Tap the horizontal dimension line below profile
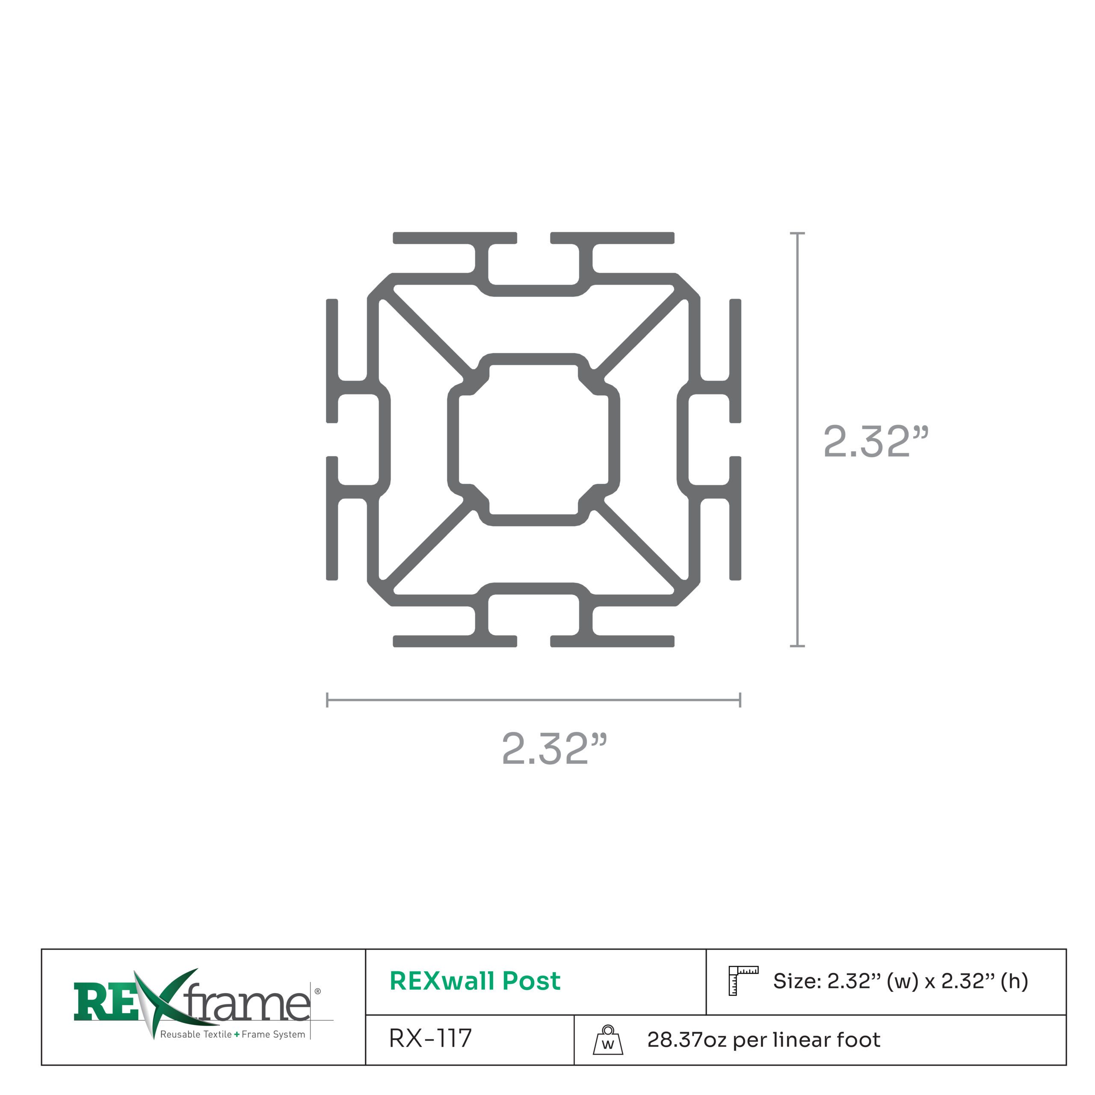[533, 700]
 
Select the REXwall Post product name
[475, 980]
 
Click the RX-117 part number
[430, 1038]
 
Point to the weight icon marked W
[607, 1040]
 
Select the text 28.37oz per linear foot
[764, 1039]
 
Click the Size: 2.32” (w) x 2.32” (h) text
[900, 980]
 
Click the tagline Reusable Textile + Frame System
[232, 1034]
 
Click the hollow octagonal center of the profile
[533, 440]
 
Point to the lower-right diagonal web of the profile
[640, 544]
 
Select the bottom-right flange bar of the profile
[612, 642]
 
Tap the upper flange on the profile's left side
[332, 361]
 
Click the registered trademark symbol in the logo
[317, 991]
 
